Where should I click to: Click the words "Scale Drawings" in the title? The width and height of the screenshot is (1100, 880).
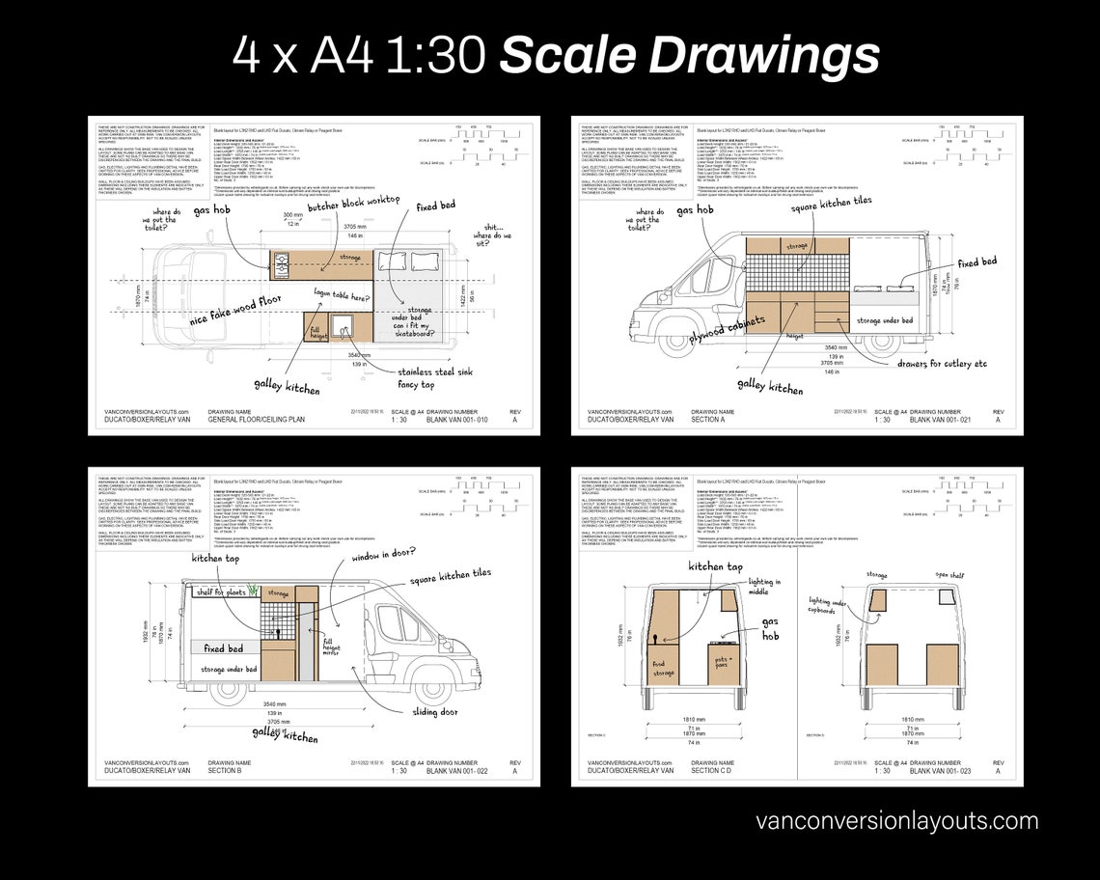689,55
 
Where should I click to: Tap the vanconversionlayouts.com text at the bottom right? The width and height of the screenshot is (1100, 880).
897,821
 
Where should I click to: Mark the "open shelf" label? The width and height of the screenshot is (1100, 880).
949,575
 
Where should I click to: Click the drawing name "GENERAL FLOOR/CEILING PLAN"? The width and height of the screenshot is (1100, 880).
258,420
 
